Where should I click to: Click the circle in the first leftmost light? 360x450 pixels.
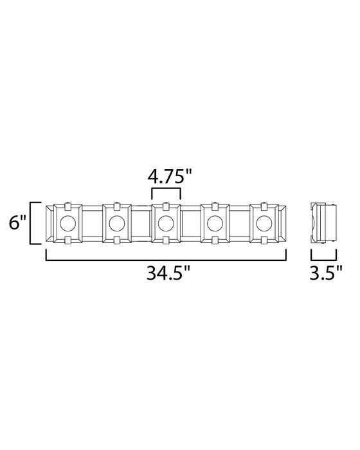click(x=67, y=224)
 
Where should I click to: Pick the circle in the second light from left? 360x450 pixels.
click(x=116, y=224)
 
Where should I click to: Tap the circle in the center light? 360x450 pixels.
click(x=166, y=224)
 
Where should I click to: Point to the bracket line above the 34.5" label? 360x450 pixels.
click(x=166, y=260)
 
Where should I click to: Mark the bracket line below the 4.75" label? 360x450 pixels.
click(x=166, y=188)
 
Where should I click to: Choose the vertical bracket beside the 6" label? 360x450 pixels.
click(x=31, y=223)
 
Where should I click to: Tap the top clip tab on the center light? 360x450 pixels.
click(x=166, y=206)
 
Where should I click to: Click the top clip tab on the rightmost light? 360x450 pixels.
click(x=264, y=206)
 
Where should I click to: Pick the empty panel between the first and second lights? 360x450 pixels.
click(x=91, y=224)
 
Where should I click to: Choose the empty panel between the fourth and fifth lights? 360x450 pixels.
click(x=240, y=224)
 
